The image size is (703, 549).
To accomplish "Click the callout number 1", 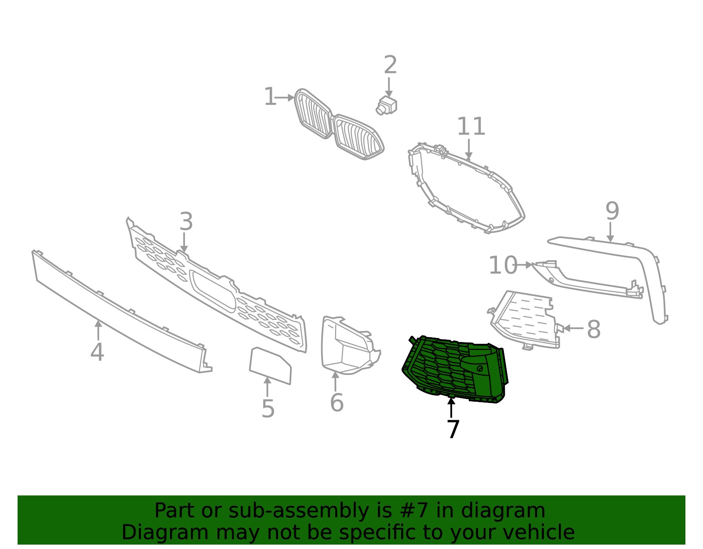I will (x=269, y=97).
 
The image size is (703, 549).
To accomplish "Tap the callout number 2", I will (x=390, y=65).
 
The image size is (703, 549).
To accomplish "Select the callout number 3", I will (x=186, y=222).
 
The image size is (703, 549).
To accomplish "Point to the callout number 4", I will (x=97, y=352).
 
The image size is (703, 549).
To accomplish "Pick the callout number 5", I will (x=268, y=409).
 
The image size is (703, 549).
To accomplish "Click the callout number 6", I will (x=337, y=403).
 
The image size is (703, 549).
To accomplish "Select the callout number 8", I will (x=594, y=329).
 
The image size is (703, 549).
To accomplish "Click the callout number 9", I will (x=612, y=211).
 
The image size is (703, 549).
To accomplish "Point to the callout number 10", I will (x=503, y=265).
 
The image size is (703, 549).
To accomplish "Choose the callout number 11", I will (x=471, y=127).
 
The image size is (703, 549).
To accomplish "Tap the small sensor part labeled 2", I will (x=387, y=106).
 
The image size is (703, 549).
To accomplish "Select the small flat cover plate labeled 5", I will (x=270, y=366).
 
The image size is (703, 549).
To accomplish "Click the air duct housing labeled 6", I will (x=347, y=347).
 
